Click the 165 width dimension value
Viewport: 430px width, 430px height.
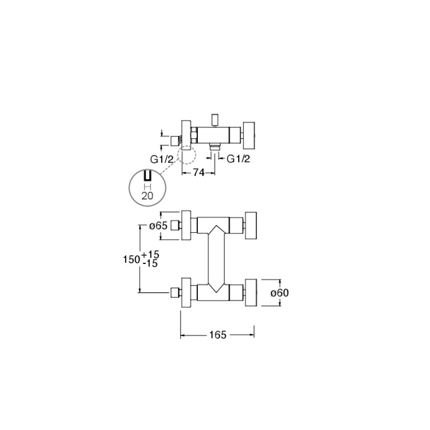click(218, 335)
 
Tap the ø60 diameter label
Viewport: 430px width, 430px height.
click(279, 293)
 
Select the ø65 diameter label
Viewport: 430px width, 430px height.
click(158, 226)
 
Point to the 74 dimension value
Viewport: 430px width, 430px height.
click(199, 173)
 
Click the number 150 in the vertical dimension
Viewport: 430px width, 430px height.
click(132, 259)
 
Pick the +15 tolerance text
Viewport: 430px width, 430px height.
click(150, 254)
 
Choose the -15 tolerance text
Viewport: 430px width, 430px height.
click(150, 263)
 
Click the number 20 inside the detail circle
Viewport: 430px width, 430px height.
click(147, 196)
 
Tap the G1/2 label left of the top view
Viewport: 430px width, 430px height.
click(162, 159)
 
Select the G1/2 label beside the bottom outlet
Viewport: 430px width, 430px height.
click(238, 159)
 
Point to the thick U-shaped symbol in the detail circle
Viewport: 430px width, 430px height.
click(147, 175)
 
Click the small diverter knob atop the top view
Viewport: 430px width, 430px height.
click(214, 119)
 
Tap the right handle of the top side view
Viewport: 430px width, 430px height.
click(249, 135)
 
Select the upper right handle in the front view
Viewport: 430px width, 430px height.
click(250, 225)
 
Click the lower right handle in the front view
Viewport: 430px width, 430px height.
click(250, 292)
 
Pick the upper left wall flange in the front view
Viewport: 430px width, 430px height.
click(186, 225)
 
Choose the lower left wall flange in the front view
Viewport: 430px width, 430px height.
click(186, 292)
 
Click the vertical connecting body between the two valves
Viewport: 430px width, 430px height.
click(217, 259)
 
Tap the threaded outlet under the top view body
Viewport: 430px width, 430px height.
click(214, 146)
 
